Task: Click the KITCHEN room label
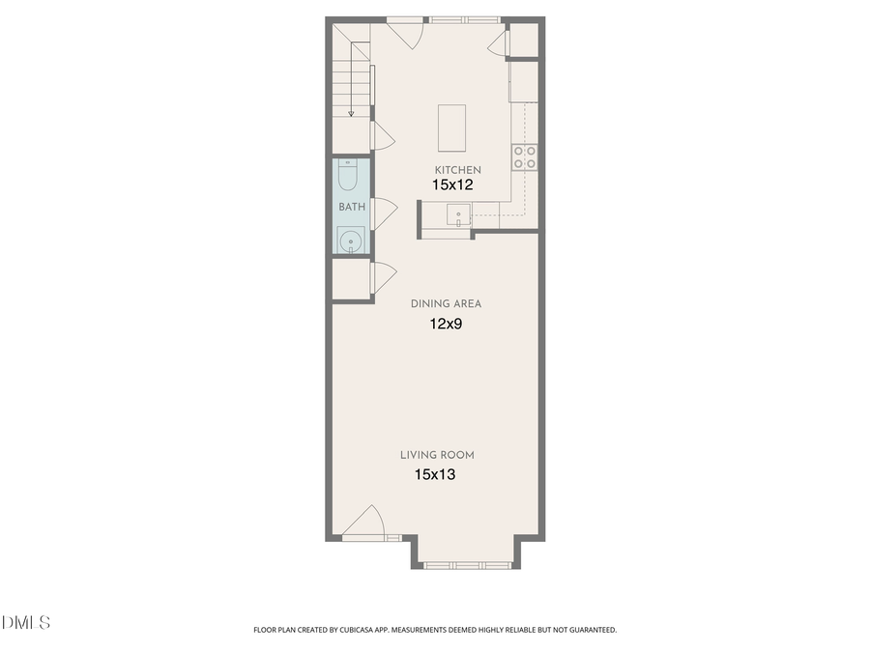[x=457, y=170]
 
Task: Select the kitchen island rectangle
[x=451, y=128]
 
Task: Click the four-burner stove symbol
[x=525, y=157]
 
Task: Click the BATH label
[x=351, y=207]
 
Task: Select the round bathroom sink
[x=349, y=239]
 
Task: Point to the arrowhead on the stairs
[x=352, y=114]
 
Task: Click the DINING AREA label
[x=446, y=303]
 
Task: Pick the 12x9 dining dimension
[x=446, y=325]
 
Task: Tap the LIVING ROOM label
[x=437, y=455]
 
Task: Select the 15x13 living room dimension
[x=436, y=474]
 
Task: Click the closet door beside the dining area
[x=381, y=277]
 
